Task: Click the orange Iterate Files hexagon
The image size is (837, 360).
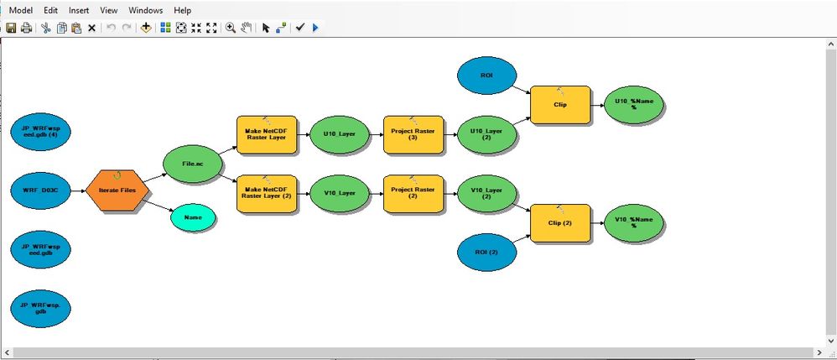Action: click(117, 190)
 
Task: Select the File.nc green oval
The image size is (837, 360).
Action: click(193, 164)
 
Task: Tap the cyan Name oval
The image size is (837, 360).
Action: click(193, 217)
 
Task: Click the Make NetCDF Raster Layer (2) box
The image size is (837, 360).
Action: click(267, 193)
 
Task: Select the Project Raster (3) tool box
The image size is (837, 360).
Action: click(413, 134)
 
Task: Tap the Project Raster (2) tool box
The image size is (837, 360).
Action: click(413, 193)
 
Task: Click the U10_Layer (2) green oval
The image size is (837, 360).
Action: click(487, 134)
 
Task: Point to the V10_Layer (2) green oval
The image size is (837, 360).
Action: click(487, 193)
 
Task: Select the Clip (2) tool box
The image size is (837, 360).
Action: click(560, 223)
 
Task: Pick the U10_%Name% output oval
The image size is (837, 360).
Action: click(634, 105)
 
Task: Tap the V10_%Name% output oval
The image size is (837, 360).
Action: click(634, 222)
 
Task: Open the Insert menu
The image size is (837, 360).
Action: click(79, 11)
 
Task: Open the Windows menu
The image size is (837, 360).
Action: click(145, 11)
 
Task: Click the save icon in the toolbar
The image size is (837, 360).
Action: click(11, 28)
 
